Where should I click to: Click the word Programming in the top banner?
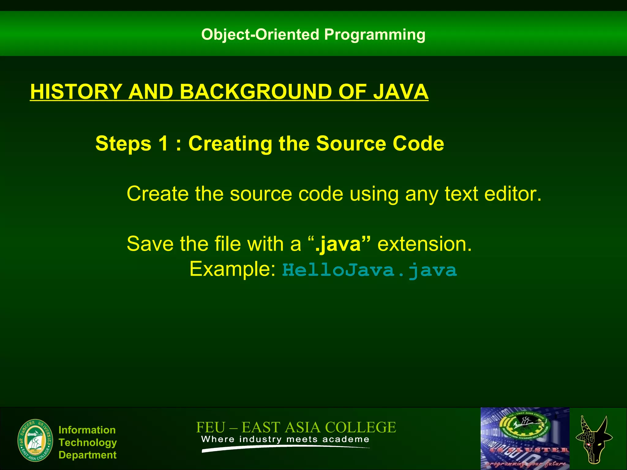coord(374,35)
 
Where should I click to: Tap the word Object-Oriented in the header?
coord(260,34)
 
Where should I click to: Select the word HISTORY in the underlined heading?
coord(76,91)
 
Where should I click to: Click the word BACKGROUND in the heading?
coord(255,91)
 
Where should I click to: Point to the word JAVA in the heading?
coord(400,91)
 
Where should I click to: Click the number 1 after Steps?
coord(163,143)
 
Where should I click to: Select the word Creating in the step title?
coord(230,143)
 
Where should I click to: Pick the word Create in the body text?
coord(158,194)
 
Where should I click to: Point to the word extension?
coord(424,244)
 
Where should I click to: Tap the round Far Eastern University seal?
coord(36,441)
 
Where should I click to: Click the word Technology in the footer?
coord(88,442)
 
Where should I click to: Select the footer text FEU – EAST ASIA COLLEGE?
coord(296,427)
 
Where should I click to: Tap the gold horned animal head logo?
coord(594,440)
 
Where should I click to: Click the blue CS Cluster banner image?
coord(525,438)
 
